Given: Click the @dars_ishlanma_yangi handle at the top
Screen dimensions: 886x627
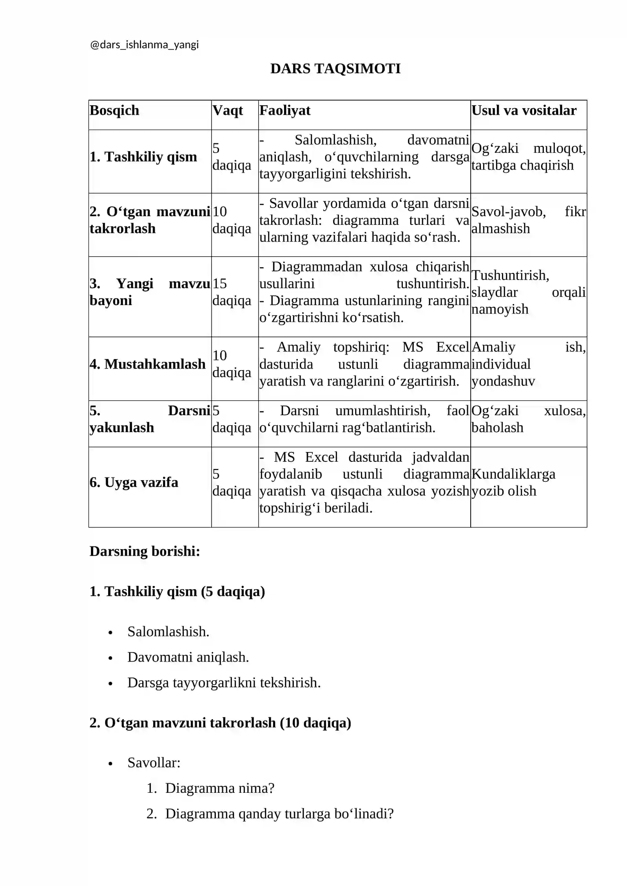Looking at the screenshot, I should (144, 45).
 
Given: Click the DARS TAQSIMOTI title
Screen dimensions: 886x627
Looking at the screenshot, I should (335, 69).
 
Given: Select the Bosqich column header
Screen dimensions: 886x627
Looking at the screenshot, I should (114, 110).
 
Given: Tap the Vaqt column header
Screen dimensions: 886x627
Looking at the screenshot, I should (227, 110).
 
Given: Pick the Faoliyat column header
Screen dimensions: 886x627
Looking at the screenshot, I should (285, 110).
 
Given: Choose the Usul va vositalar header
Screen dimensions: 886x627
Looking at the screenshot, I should (524, 110).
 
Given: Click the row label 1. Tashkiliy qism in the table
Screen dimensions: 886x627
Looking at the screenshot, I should (143, 157).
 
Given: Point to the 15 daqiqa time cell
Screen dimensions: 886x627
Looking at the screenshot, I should (231, 292).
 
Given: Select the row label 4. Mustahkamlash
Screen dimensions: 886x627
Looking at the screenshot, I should (147, 364).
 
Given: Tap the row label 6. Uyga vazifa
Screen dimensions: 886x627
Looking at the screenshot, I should (134, 482).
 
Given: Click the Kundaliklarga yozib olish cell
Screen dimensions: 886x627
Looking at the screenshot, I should (513, 482).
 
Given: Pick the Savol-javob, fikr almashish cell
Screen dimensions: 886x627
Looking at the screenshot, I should (528, 220).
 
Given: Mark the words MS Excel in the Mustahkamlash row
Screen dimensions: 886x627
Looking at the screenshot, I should (435, 347).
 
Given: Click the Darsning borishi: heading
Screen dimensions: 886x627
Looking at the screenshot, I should (145, 551).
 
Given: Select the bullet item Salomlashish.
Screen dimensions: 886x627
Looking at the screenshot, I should (168, 631).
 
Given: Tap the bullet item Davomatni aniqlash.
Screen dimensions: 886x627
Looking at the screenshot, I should (188, 657).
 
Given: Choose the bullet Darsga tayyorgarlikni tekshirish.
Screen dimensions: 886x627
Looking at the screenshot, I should (224, 682).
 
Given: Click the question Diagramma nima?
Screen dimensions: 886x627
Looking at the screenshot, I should (219, 788).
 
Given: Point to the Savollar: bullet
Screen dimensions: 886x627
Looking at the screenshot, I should (154, 762).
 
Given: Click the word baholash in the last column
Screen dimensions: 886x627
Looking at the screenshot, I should (497, 427).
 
